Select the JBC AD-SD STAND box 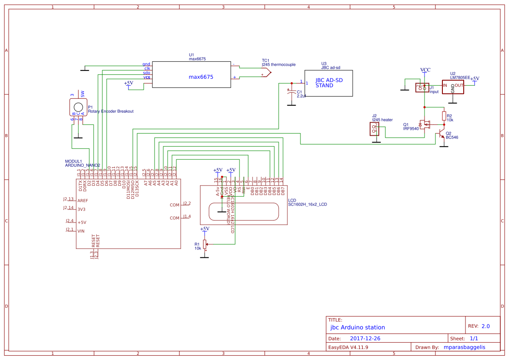[328, 83]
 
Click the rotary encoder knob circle [78, 107]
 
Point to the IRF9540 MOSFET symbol [424, 125]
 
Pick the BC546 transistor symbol [442, 133]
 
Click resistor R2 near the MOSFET [444, 116]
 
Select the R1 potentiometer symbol [205, 246]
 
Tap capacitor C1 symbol [290, 92]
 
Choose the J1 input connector [422, 87]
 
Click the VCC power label [425, 70]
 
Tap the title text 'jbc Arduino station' [357, 327]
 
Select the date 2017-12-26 [365, 338]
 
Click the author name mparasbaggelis [464, 347]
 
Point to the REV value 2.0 [485, 326]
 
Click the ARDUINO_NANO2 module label [82, 165]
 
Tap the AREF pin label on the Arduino [82, 201]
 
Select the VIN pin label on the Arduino [81, 231]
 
